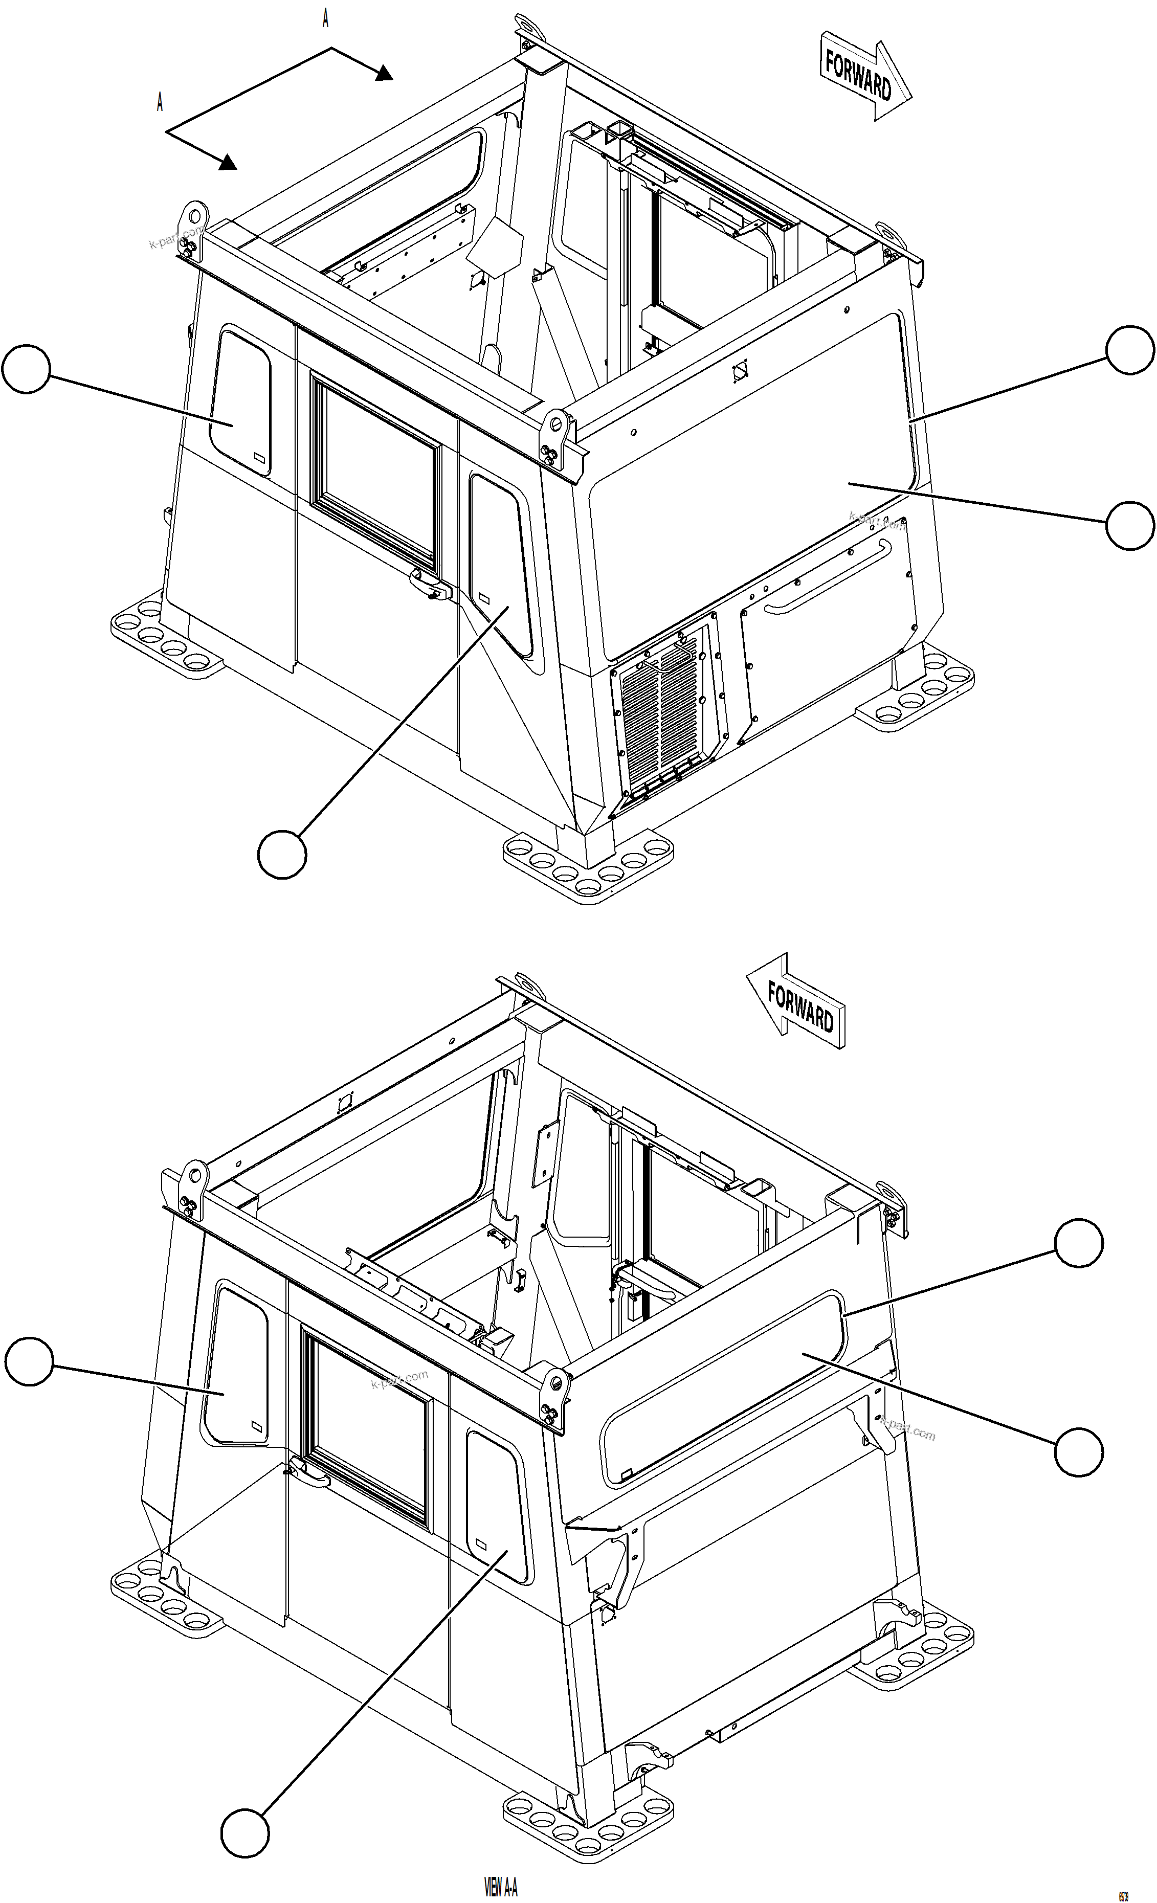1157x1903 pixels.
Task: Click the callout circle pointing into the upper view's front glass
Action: [x=1130, y=526]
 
